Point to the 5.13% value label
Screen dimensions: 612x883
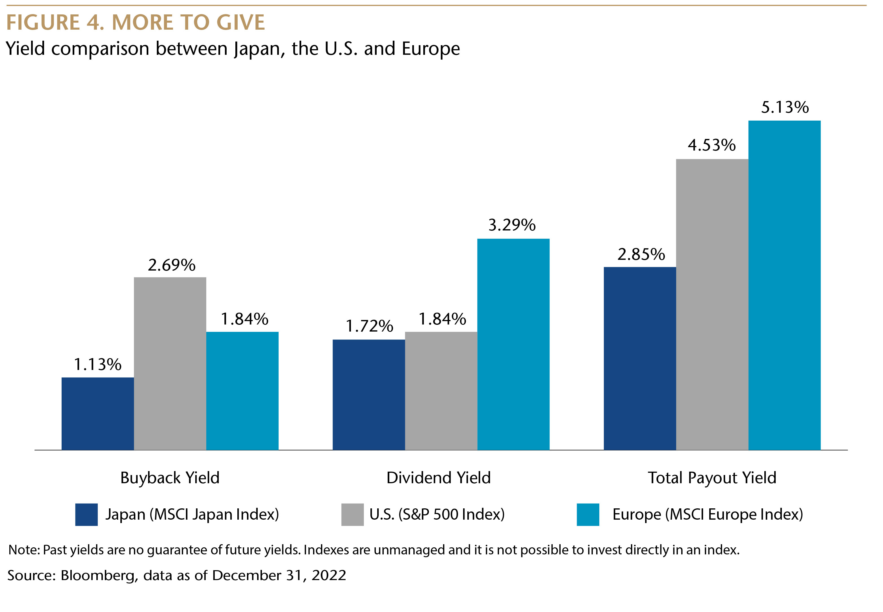785,107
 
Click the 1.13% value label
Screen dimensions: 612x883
97,364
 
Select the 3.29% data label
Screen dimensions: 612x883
512,225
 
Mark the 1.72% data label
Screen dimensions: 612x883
369,326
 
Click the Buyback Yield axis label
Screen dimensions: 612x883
170,478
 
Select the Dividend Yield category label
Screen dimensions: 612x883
439,478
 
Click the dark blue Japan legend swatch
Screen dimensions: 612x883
86,515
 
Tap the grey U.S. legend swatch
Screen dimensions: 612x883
352,515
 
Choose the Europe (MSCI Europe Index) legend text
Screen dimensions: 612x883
707,515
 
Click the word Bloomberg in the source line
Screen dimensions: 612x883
97,576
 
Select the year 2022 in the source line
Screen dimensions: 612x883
329,576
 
